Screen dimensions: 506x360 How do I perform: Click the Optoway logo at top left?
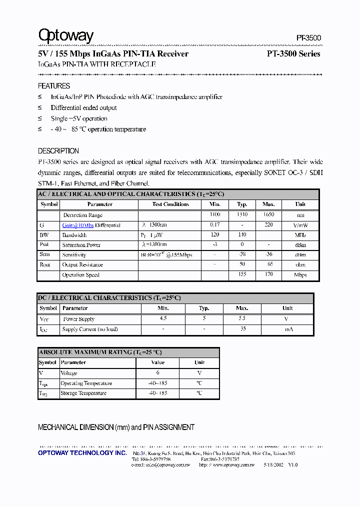point(65,36)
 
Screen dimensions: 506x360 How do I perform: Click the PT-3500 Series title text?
point(293,54)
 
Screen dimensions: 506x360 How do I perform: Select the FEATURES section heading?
point(54,86)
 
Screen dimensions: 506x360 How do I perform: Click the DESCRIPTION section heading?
point(58,151)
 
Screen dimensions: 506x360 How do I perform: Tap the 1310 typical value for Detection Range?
point(242,214)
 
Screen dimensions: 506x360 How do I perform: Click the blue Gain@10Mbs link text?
point(77,225)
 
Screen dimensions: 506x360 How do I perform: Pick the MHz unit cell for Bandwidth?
point(300,234)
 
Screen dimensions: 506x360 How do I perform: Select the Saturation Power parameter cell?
point(81,245)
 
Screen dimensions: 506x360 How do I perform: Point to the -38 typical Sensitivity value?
point(242,254)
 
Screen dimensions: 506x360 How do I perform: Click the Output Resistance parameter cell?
point(82,264)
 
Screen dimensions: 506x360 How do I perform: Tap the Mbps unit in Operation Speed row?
point(300,274)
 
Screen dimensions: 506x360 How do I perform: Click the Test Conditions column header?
point(170,204)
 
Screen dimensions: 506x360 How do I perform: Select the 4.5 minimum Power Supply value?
point(163,318)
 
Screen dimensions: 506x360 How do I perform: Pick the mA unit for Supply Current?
point(288,329)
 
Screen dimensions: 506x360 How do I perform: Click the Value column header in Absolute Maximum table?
point(157,362)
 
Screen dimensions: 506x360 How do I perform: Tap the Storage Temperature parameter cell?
point(83,393)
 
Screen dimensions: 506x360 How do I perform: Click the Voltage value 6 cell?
point(157,373)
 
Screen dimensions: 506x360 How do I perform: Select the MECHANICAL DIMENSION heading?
point(116,427)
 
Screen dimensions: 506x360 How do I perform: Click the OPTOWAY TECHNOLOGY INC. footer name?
point(82,453)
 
